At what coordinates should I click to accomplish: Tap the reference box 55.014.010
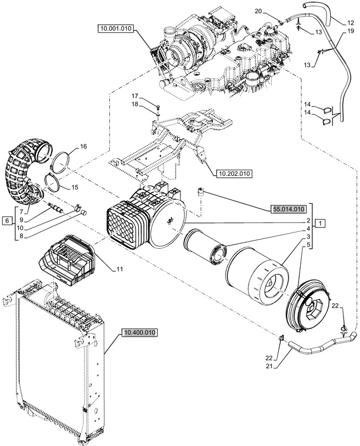tap(288, 209)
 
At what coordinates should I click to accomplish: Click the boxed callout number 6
tap(7, 221)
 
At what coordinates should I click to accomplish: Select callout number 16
tap(83, 146)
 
